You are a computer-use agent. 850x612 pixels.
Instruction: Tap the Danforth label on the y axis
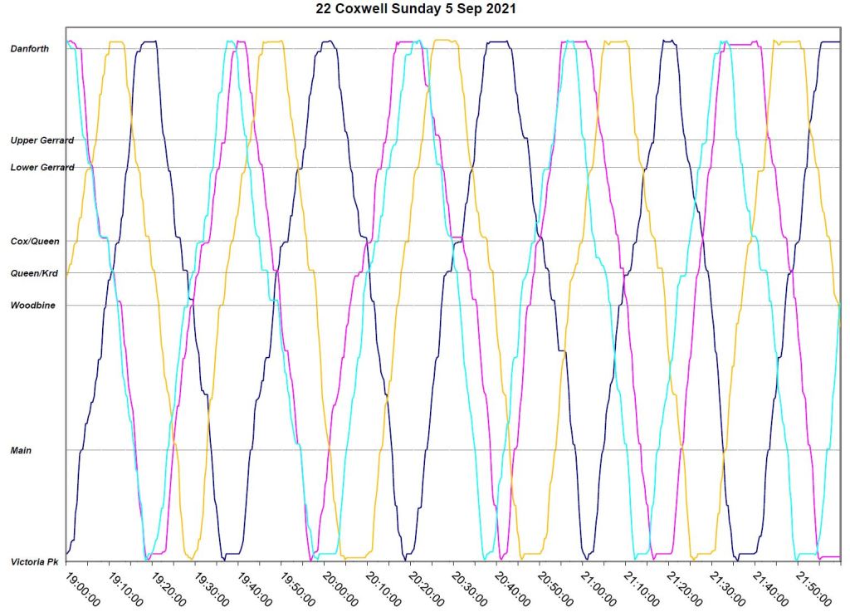point(29,49)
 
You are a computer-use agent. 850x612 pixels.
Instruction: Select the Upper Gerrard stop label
point(42,140)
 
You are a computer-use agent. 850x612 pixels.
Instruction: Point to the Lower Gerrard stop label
point(42,168)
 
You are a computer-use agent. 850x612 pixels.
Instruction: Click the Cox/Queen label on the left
point(34,242)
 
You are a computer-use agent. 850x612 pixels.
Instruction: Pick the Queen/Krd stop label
point(34,273)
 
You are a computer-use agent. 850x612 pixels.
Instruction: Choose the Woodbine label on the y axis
point(32,306)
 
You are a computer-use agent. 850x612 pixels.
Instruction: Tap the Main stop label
point(21,451)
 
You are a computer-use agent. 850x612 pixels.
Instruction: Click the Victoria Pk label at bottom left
point(34,562)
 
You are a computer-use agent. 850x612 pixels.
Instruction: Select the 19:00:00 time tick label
point(83,587)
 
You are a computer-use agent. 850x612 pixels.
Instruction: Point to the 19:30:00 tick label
point(212,587)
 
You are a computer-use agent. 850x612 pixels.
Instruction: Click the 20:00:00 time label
point(340,587)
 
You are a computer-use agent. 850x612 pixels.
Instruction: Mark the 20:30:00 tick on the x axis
point(470,587)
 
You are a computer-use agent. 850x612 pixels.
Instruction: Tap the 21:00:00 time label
point(598,587)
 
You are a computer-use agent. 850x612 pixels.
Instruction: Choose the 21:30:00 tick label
point(727,587)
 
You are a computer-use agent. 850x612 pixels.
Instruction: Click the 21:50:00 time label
point(813,587)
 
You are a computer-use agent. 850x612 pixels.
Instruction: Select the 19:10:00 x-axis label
point(126,587)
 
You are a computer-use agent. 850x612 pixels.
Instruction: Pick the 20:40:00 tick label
point(513,587)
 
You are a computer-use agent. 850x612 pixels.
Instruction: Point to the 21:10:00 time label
point(642,587)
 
